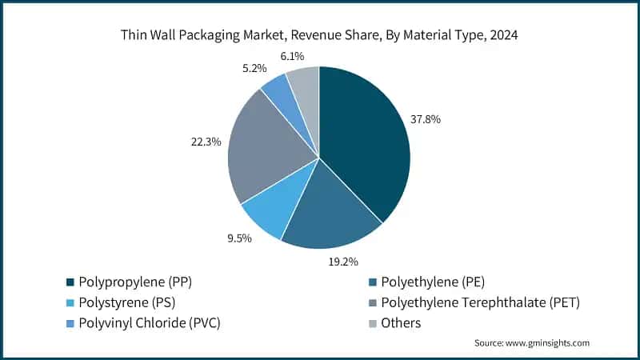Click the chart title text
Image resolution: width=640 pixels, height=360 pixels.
tap(319, 34)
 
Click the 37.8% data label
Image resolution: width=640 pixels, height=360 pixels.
tap(426, 119)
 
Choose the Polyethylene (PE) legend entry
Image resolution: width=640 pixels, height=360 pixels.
tap(433, 282)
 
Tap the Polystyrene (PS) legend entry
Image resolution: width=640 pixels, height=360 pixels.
tap(126, 302)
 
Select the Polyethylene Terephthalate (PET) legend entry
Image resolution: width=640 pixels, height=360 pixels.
tap(480, 302)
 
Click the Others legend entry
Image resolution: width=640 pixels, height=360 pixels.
tap(401, 323)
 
